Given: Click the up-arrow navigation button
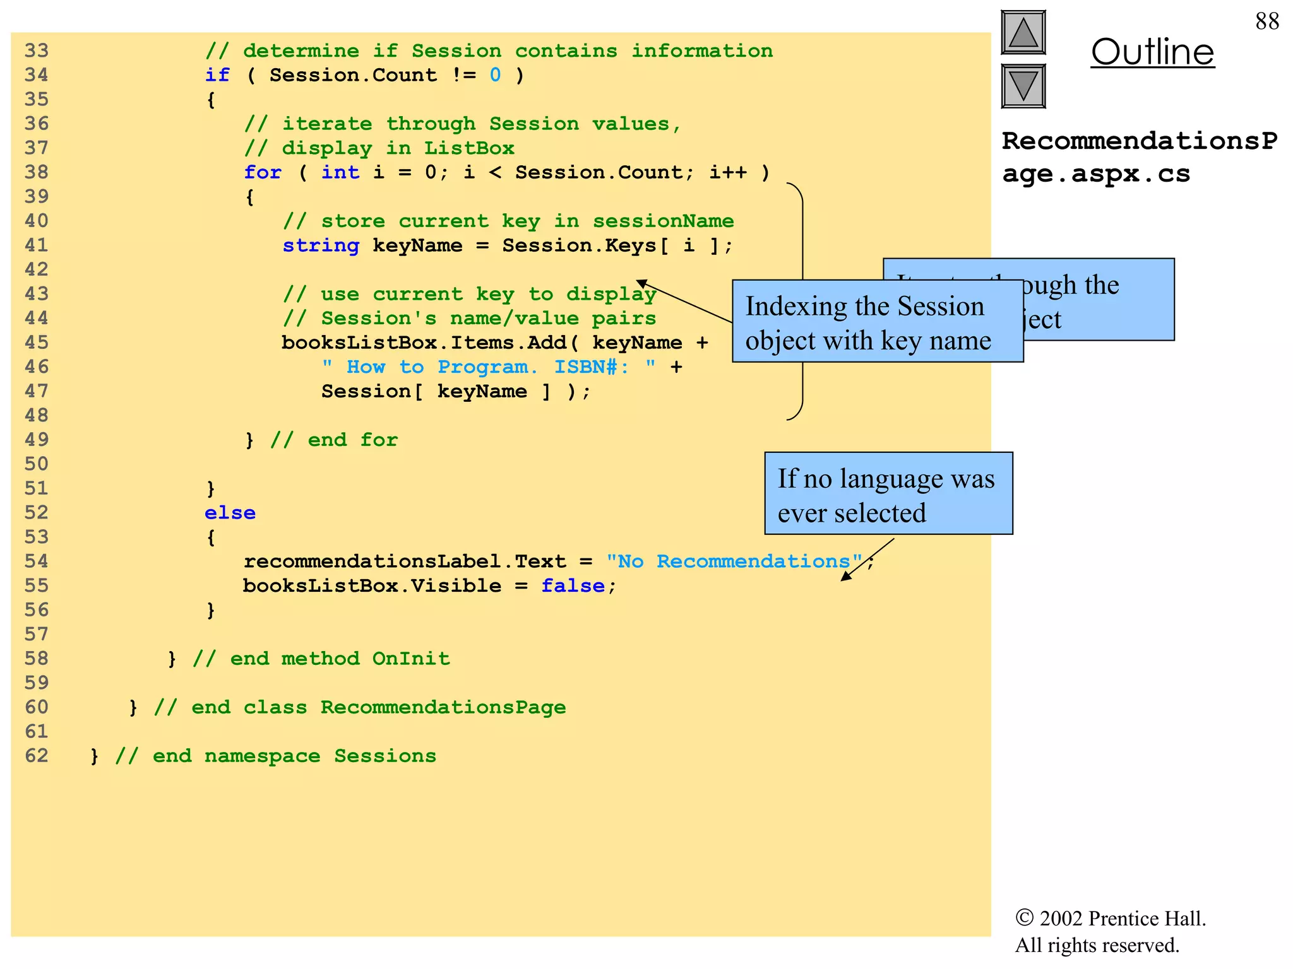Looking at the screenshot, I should (1023, 33).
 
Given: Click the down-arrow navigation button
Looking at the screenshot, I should (1023, 86).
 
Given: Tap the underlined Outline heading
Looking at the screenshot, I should (1152, 52).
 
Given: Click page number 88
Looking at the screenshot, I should (1266, 21).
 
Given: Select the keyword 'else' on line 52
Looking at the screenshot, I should (230, 513).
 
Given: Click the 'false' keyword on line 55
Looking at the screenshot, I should (573, 586).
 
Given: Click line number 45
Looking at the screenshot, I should (37, 343).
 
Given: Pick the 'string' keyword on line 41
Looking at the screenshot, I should (321, 245).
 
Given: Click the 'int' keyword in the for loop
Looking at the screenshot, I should (340, 172).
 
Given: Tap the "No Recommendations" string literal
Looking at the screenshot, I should (734, 561).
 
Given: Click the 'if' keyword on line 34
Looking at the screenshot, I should (217, 75).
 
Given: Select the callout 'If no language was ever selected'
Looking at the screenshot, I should (888, 494).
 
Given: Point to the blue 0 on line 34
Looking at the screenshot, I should (495, 75).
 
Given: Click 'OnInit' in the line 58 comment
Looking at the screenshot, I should (411, 659).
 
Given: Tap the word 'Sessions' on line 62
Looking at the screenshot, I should (385, 756).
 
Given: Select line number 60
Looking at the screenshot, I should (37, 707).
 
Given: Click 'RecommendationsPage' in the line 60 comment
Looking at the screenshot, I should (443, 707).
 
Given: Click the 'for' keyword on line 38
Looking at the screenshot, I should (263, 172).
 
